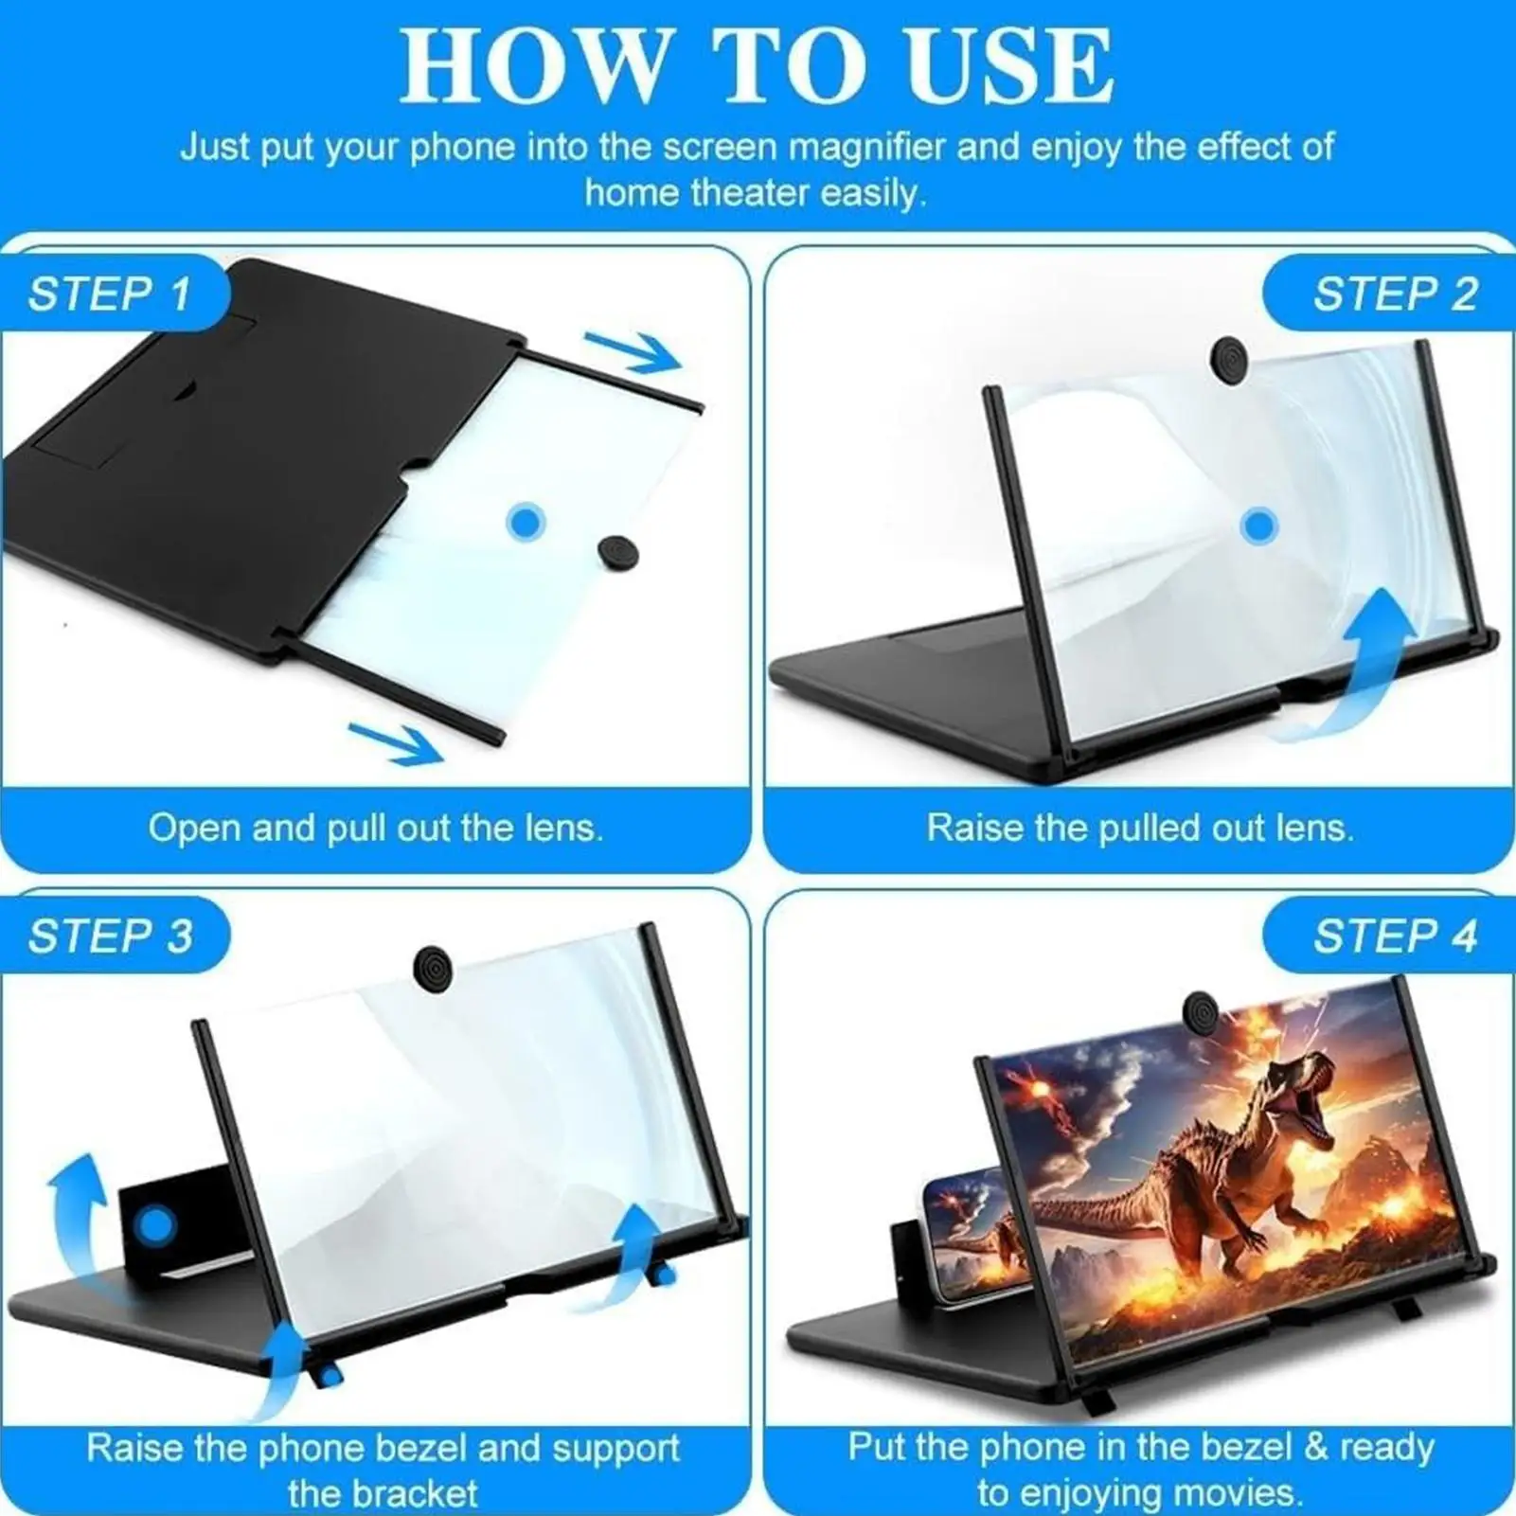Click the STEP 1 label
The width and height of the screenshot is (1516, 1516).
coord(110,294)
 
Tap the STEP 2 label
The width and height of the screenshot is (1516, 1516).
coord(1395,294)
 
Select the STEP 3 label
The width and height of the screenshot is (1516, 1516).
coord(110,936)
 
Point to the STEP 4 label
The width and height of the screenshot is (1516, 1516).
coord(1395,936)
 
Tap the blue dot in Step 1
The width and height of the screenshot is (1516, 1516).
coord(526,522)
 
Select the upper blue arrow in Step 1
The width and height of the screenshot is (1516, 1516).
coord(632,352)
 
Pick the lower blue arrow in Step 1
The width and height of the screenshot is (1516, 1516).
coord(396,741)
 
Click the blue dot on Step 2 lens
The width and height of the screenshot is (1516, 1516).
coord(1259,526)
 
